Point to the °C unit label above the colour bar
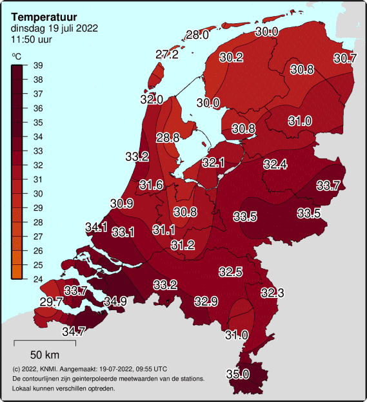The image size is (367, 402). (16, 56)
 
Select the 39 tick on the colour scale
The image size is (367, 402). (38, 65)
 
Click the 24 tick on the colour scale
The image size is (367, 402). (38, 279)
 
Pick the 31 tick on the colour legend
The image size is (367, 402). (38, 180)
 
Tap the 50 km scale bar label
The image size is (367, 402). (45, 355)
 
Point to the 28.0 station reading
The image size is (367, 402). (197, 35)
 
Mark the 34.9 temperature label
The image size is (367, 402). (115, 301)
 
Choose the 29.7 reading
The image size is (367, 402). (51, 302)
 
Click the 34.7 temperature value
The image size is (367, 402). (74, 332)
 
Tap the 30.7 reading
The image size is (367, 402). (344, 58)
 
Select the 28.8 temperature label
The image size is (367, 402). (168, 137)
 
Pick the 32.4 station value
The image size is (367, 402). (275, 164)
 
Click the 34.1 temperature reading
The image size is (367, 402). (96, 227)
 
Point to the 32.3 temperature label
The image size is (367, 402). (272, 293)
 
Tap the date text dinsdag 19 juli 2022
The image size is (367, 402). (55, 28)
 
